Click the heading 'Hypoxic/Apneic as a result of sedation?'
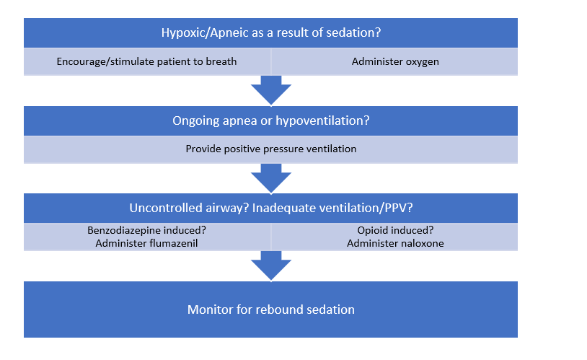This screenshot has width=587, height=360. tap(270, 32)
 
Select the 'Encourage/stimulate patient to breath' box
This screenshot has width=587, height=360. tap(146, 61)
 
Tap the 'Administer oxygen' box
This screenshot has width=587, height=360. tap(395, 61)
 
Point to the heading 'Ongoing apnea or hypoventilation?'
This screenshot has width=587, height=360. tap(270, 120)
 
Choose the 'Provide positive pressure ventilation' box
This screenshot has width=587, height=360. tap(270, 149)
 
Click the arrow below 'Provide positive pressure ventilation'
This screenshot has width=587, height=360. tap(270, 177)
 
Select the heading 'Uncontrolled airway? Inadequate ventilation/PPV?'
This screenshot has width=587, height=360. tap(270, 208)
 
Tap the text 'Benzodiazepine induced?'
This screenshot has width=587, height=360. tap(146, 231)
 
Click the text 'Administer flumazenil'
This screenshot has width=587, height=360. tap(146, 243)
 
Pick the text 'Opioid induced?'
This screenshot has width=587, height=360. tap(395, 231)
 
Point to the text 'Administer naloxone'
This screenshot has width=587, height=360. tap(395, 243)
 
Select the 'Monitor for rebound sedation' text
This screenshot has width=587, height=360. tap(270, 309)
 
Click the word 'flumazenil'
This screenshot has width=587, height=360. tap(173, 243)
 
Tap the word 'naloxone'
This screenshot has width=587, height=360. tap(421, 243)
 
